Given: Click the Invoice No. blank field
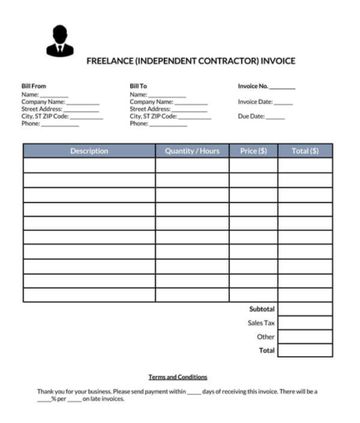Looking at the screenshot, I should click(282, 87).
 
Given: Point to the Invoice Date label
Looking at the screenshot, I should click(255, 101).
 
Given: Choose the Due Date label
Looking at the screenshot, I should click(251, 116).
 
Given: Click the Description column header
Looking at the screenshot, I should click(89, 151).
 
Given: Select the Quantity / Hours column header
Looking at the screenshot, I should click(192, 151).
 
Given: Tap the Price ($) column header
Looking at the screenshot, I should click(253, 151).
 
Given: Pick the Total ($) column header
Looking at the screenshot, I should click(305, 151).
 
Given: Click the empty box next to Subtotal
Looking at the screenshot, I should click(305, 308).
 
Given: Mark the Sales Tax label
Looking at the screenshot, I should click(261, 322).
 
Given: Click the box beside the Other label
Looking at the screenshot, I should click(305, 336).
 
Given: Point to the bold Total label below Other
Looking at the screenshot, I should click(265, 350).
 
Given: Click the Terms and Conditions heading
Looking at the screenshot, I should click(178, 377).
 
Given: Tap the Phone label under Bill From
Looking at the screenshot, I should click(30, 125).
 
